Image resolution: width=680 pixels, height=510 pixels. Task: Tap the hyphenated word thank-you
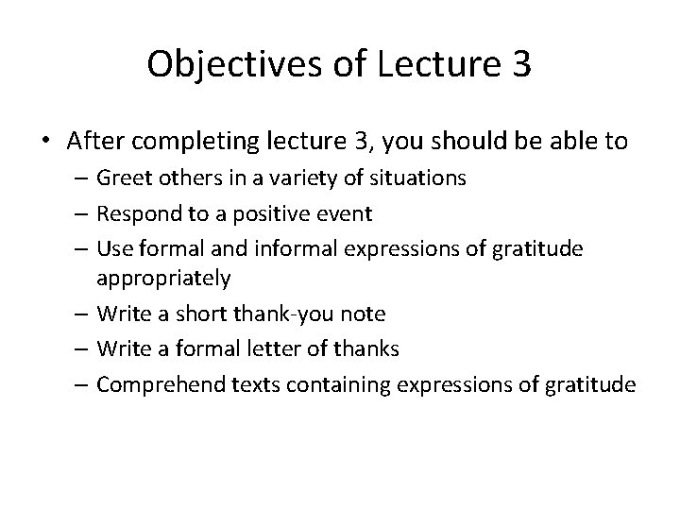click(x=251, y=313)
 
